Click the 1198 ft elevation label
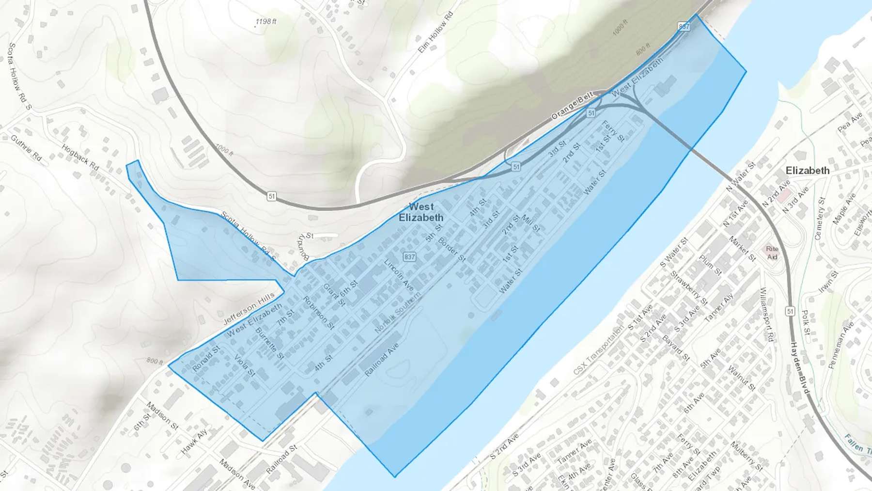(x=266, y=22)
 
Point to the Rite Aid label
(x=772, y=253)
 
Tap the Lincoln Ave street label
(x=399, y=275)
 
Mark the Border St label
(x=452, y=249)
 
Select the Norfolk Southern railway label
(x=398, y=313)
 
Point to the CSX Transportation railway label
(x=599, y=350)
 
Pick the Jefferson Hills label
(x=249, y=308)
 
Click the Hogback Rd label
(x=80, y=157)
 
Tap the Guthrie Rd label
(x=26, y=148)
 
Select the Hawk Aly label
(x=194, y=442)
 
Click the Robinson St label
(x=318, y=313)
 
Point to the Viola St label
(x=245, y=365)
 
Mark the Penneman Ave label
(x=841, y=345)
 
